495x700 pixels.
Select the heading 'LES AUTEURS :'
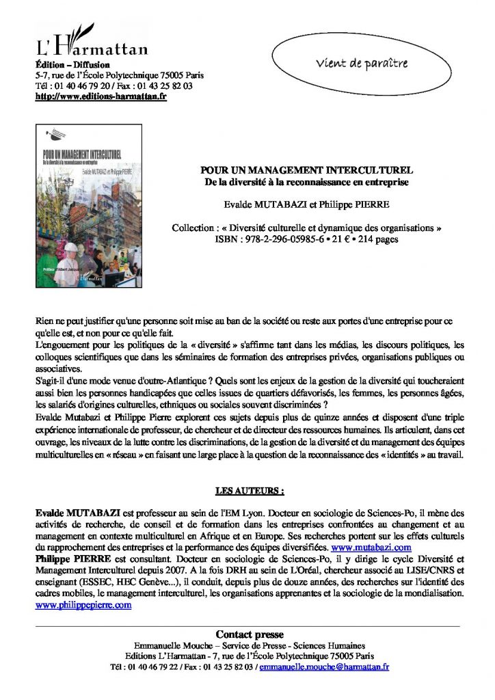click(249, 490)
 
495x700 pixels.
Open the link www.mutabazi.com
click(371, 548)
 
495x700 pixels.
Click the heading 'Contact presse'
click(249, 634)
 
